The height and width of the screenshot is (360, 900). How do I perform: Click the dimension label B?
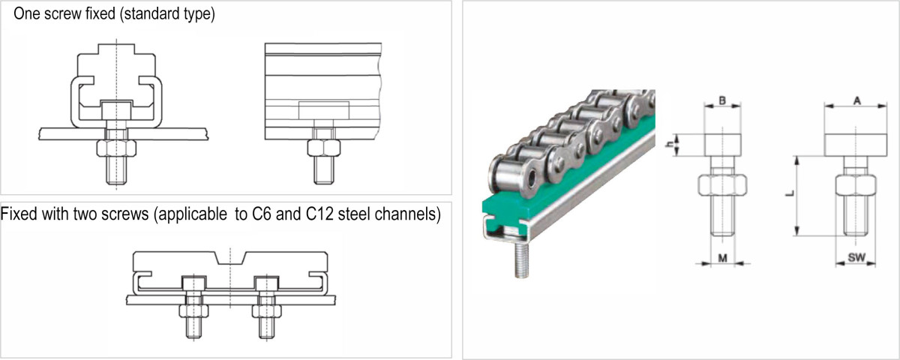pos(721,99)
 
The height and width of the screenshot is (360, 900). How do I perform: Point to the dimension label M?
pos(721,258)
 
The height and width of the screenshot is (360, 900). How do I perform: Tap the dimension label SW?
pos(856,258)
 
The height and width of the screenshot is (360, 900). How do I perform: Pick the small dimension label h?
pos(673,142)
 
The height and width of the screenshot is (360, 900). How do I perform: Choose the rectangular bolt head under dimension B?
pos(721,142)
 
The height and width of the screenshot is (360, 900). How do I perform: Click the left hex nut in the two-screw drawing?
pos(193,309)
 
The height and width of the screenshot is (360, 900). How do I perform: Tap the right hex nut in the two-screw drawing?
pos(266,309)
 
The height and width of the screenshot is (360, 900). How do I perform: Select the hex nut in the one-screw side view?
pos(323,147)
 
